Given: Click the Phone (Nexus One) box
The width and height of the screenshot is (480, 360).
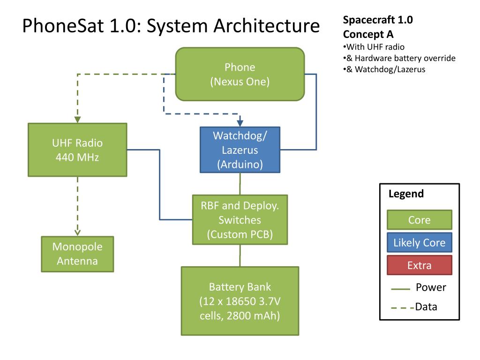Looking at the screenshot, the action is [x=240, y=74].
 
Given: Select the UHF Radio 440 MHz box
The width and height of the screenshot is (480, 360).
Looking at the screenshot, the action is [x=77, y=150].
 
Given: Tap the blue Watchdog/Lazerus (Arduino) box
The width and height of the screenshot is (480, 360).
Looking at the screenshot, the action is [x=240, y=150].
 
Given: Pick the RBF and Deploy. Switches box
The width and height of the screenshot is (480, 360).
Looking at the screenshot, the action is [x=240, y=220].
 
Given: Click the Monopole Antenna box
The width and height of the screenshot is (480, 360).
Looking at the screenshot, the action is [x=77, y=254].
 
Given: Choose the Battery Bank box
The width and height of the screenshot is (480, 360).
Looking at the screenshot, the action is [x=240, y=301].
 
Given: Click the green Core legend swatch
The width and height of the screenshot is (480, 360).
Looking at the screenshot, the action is [x=420, y=220].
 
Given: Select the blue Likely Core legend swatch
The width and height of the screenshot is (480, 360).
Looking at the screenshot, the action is [x=420, y=242].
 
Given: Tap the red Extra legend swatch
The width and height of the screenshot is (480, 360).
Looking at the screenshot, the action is [x=420, y=265].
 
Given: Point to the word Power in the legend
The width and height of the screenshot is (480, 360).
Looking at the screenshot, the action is [x=431, y=287].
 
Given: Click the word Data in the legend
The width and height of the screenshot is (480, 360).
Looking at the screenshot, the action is [x=426, y=307].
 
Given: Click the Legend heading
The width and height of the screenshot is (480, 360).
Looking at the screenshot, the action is [x=406, y=194].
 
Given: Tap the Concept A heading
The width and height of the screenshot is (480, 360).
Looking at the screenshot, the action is [x=368, y=34].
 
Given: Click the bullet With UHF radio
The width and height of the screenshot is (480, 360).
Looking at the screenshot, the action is [x=374, y=47].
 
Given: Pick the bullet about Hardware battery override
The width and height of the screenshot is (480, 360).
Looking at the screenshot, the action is [x=399, y=58].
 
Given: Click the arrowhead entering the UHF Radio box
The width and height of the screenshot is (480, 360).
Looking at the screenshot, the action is [x=77, y=120].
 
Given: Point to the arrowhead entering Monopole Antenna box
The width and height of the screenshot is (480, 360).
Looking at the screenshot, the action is [x=77, y=232].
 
